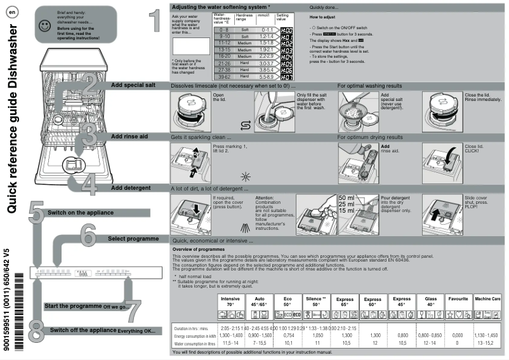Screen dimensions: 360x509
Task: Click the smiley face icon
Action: (44, 26)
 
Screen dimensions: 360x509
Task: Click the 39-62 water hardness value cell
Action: (223, 76)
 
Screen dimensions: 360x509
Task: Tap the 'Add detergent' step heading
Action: (131, 188)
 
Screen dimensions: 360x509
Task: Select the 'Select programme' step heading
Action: (133, 239)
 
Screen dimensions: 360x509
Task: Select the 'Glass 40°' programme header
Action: (430, 301)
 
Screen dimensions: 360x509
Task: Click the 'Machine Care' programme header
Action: (487, 298)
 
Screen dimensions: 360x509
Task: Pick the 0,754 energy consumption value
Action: (288, 335)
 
